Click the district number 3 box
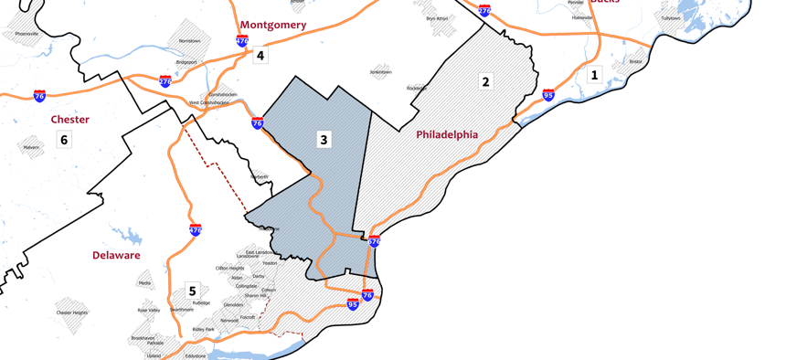(x=324, y=140)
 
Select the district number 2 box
(x=485, y=82)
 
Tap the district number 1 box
(x=595, y=75)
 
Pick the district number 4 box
(x=260, y=56)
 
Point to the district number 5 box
(x=192, y=291)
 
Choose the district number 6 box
(x=64, y=140)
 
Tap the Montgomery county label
(x=273, y=25)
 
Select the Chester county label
(x=70, y=120)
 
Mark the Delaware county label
(x=116, y=256)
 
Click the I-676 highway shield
(x=374, y=241)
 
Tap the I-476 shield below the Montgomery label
(x=242, y=41)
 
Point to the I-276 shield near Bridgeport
(x=165, y=81)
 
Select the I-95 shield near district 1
(x=548, y=95)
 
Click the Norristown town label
(x=189, y=41)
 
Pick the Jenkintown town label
(x=380, y=71)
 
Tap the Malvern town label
(x=32, y=146)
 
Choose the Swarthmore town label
(x=181, y=310)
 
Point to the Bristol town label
(x=635, y=62)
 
